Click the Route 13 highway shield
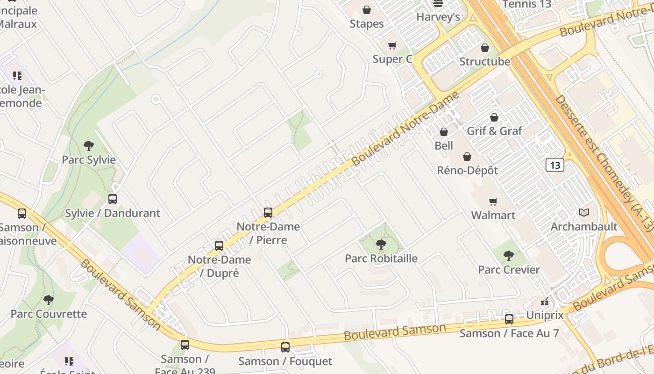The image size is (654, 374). click(x=554, y=165)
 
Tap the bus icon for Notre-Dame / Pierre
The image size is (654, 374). click(x=268, y=213)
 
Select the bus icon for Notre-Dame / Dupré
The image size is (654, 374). click(x=219, y=245)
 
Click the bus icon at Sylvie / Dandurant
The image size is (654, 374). click(x=113, y=199)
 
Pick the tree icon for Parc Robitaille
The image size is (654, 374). click(x=381, y=244)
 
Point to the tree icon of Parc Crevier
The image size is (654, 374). click(x=509, y=256)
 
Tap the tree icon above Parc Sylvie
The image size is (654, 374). click(x=89, y=146)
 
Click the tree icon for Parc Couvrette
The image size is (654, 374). click(x=49, y=300)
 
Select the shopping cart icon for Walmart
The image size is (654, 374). click(x=493, y=201)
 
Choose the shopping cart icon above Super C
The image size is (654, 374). click(x=392, y=45)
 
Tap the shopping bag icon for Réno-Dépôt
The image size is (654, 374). click(x=467, y=157)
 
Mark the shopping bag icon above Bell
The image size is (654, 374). click(x=444, y=132)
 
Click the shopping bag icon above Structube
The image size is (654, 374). click(x=485, y=48)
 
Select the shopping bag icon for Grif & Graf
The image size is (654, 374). click(x=494, y=117)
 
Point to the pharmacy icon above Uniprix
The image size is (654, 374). click(x=545, y=302)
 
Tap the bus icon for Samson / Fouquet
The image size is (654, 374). click(x=285, y=347)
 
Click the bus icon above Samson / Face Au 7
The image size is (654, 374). click(x=509, y=319)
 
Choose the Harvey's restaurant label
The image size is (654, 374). click(x=438, y=17)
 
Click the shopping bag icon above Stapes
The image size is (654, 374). click(x=367, y=10)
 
